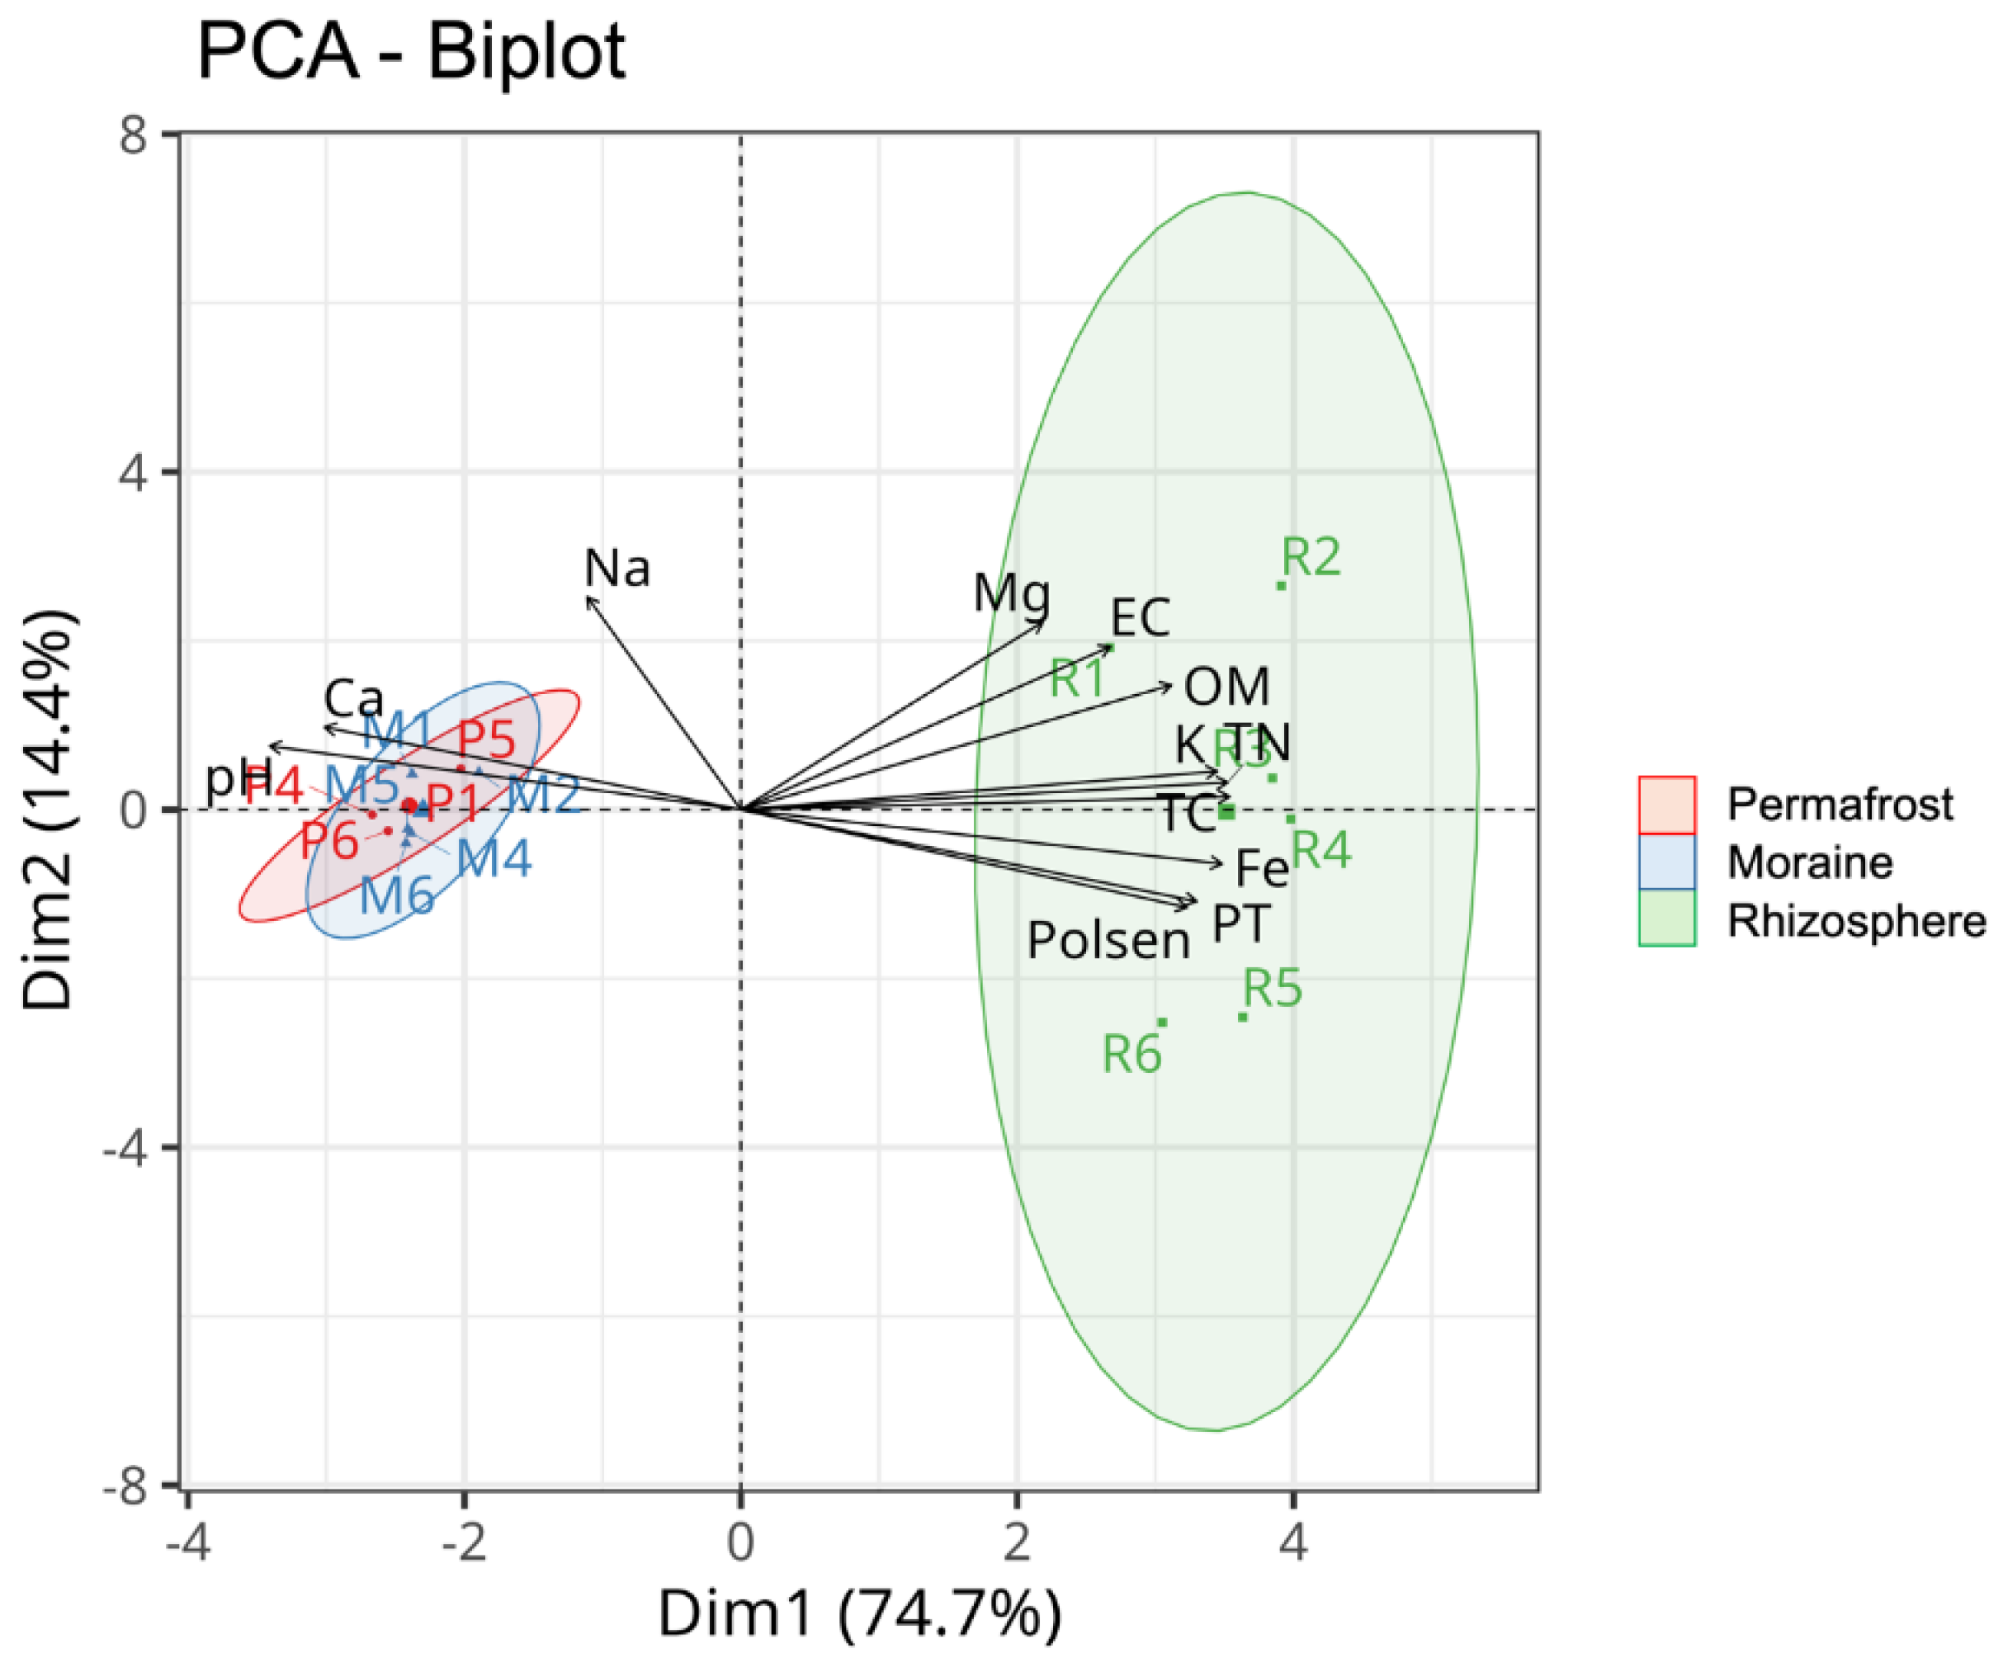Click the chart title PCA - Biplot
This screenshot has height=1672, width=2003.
(x=410, y=53)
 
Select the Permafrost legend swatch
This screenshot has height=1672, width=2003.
(x=1666, y=805)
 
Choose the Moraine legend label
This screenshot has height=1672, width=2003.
(x=1809, y=863)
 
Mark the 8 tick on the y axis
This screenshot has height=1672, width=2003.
(x=133, y=135)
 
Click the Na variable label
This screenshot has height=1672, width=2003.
(x=617, y=569)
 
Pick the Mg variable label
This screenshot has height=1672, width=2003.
(x=1011, y=593)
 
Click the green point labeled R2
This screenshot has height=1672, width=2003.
(x=1281, y=584)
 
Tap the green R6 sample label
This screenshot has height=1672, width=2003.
(x=1131, y=1055)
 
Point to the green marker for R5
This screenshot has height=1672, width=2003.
(x=1242, y=1017)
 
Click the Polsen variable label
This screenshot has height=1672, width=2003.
(x=1108, y=941)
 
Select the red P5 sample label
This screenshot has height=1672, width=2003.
(x=486, y=739)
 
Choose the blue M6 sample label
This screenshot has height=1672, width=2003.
(x=397, y=895)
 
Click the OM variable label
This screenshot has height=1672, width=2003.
(x=1226, y=687)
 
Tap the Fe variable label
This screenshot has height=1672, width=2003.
(x=1261, y=869)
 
